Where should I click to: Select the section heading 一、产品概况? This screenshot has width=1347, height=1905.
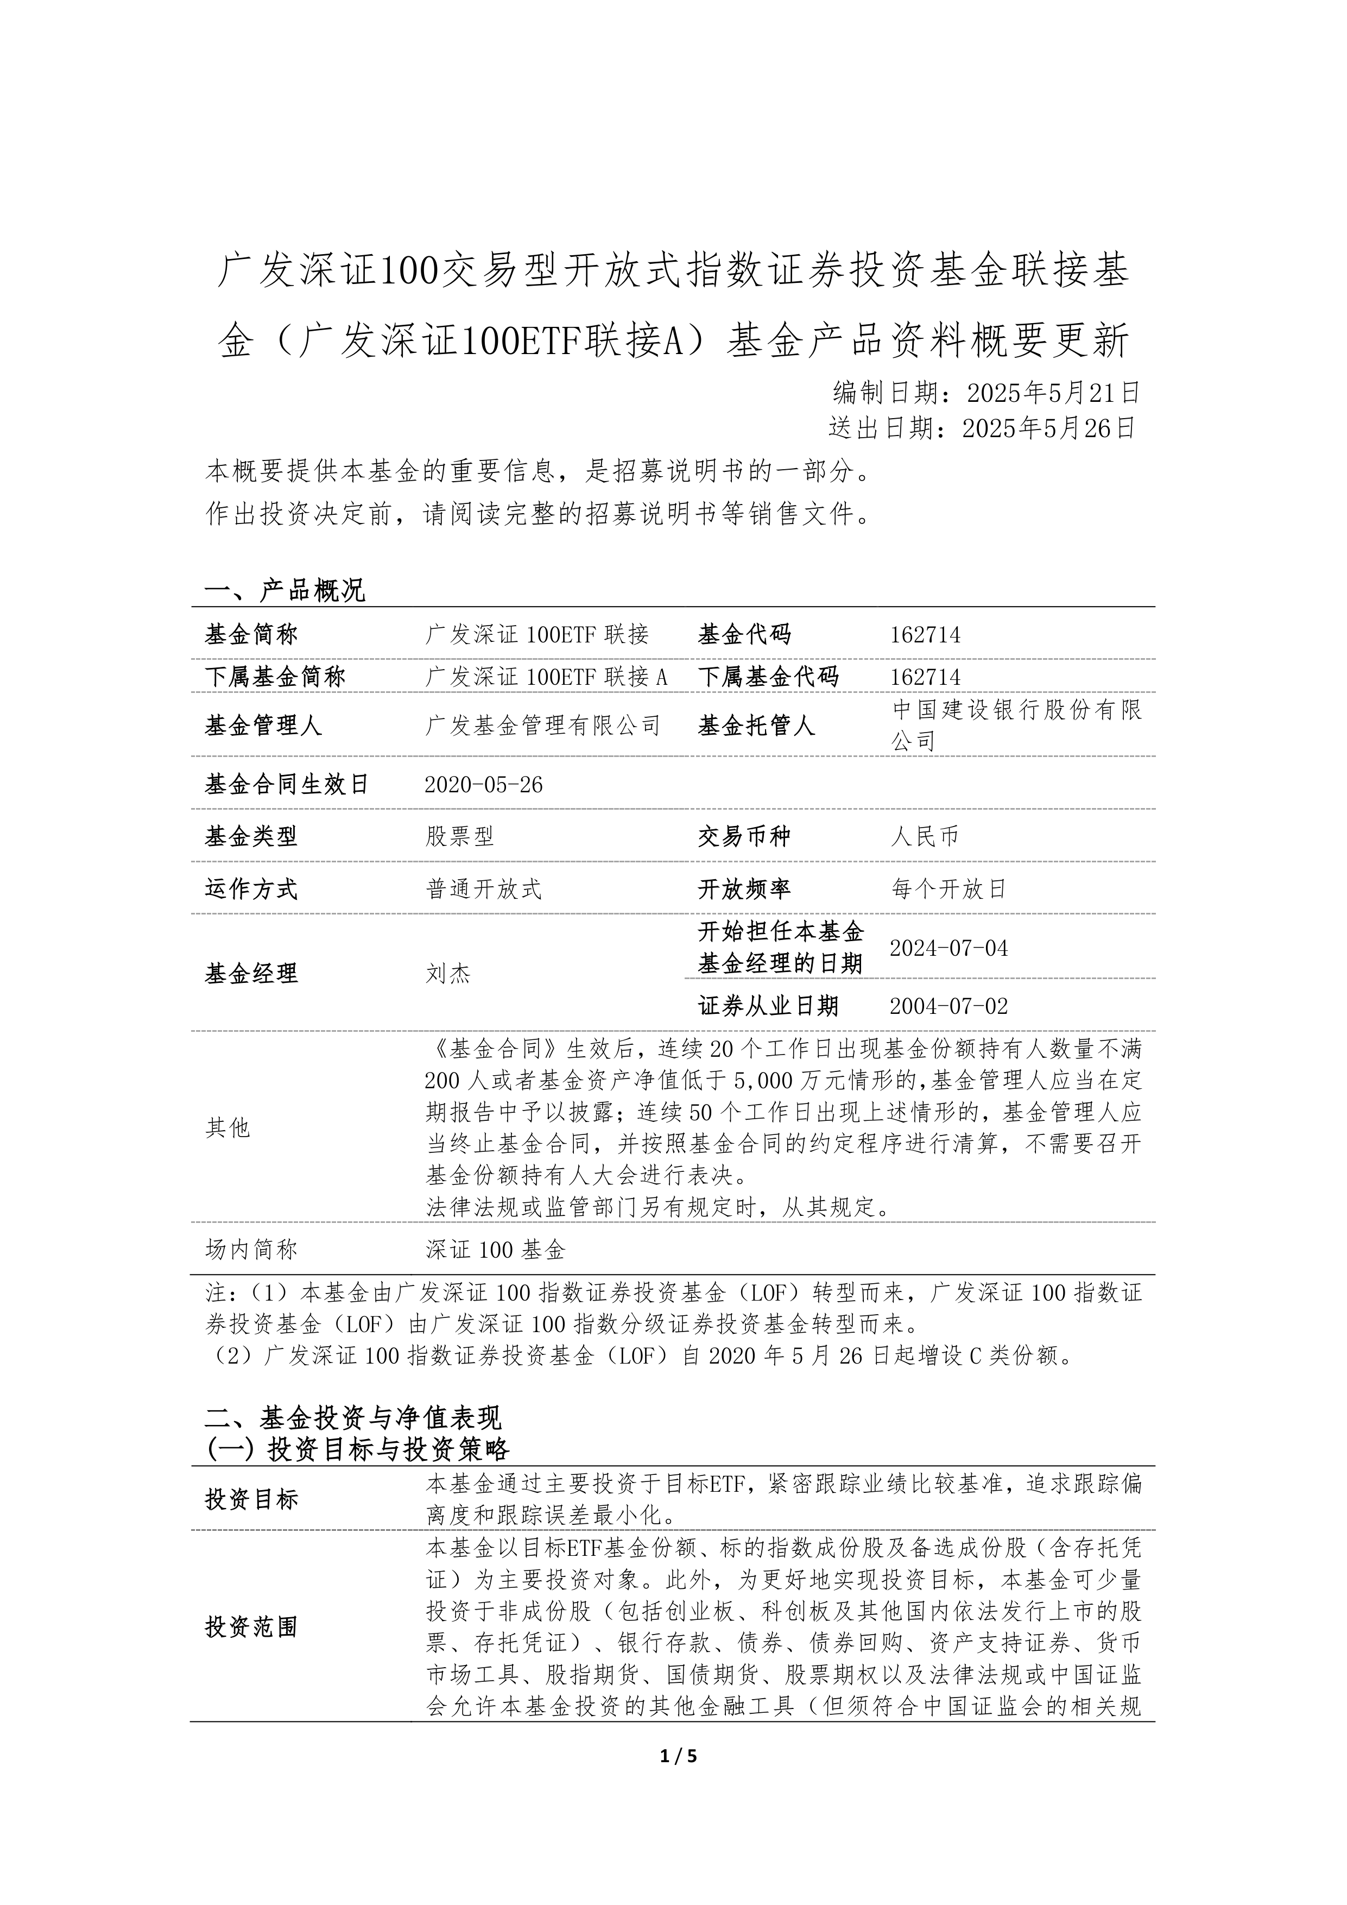pos(284,591)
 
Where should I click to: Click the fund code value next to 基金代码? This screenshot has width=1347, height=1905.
pos(925,635)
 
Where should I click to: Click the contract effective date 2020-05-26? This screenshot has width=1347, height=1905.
pos(484,785)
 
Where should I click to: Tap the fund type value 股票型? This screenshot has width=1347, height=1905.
pos(460,836)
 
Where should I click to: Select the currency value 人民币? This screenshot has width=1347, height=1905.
pos(925,836)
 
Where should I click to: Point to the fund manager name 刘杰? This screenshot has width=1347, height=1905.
pos(448,973)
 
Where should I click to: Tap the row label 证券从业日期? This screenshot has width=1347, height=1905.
pos(768,1006)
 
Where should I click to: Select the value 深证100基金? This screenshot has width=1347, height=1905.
pos(495,1250)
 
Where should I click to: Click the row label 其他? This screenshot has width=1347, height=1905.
pos(227,1127)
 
